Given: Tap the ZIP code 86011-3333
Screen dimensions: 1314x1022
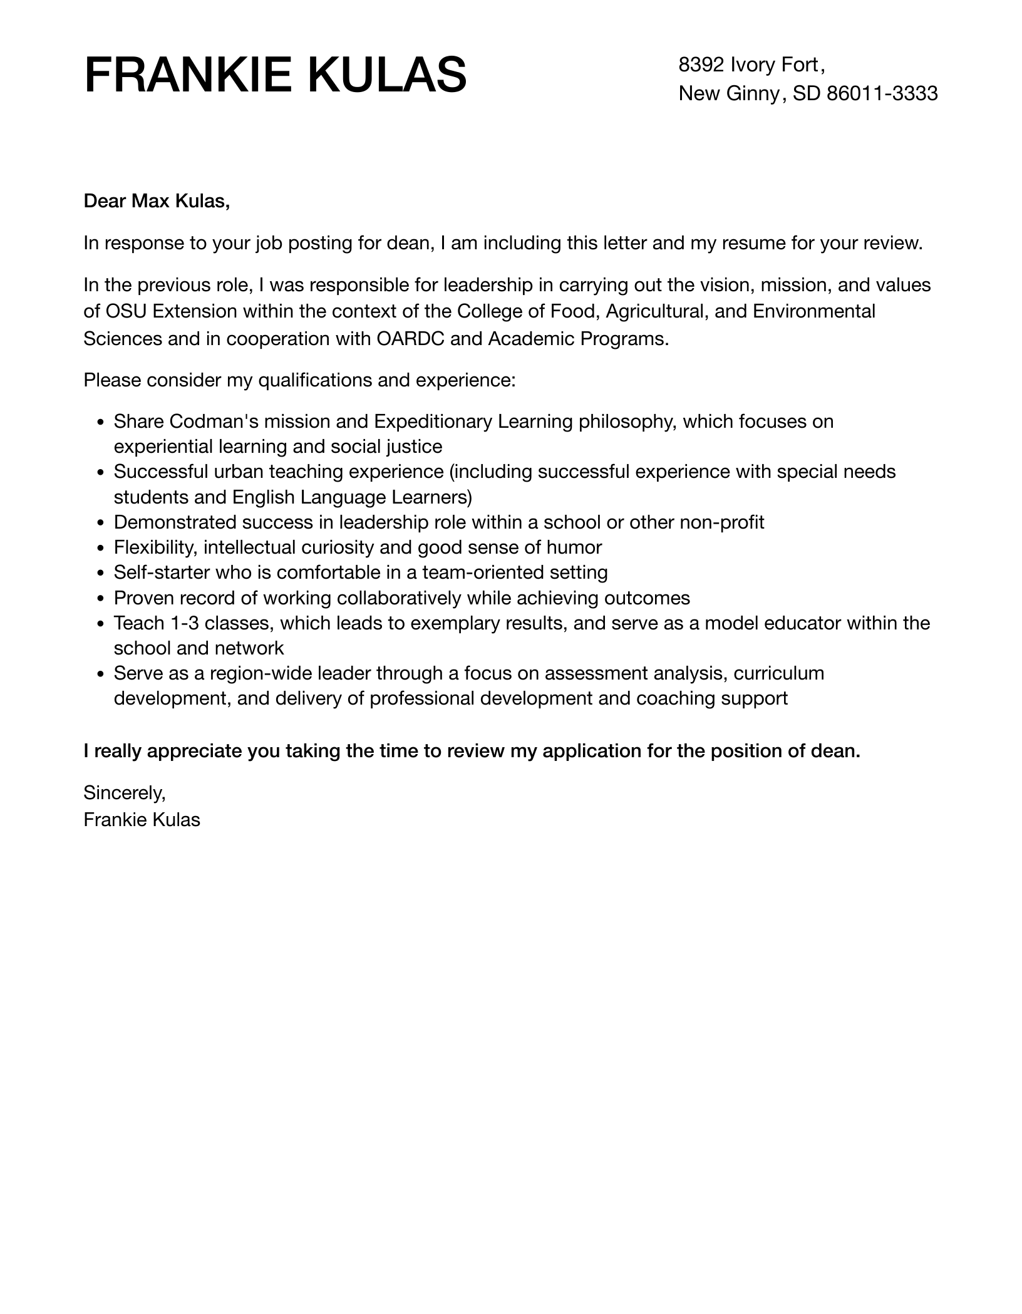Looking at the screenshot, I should coord(882,94).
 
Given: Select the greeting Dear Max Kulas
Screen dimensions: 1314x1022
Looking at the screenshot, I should coord(157,201).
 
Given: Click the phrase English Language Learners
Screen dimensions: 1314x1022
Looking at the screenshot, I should coord(352,497).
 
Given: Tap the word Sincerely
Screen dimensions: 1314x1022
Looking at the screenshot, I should coord(124,793).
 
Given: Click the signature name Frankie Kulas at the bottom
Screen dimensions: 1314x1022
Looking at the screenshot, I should coord(142,820).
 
